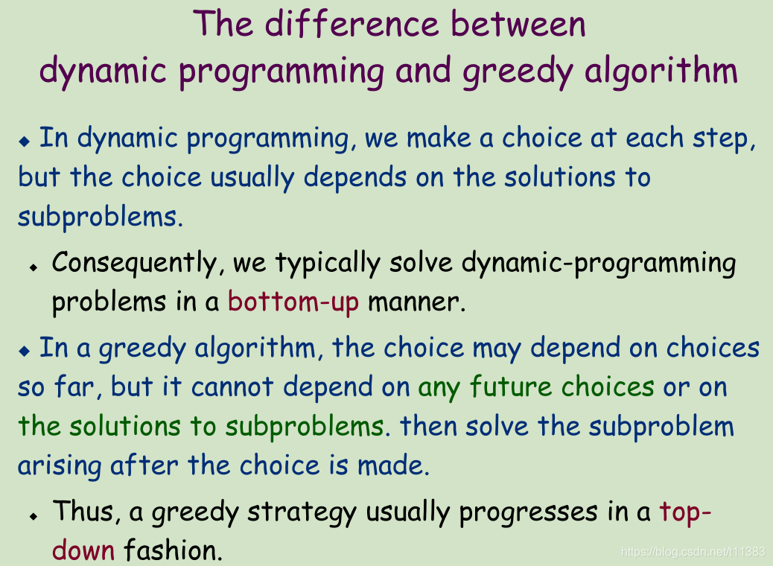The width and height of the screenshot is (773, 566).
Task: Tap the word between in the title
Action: tap(518, 24)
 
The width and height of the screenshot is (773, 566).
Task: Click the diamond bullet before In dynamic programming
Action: tap(24, 141)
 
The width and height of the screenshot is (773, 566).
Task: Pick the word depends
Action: tap(355, 177)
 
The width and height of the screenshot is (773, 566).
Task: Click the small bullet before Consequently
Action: tap(34, 267)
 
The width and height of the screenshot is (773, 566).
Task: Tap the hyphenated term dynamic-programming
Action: tap(599, 264)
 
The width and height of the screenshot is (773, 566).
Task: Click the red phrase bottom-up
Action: tap(293, 302)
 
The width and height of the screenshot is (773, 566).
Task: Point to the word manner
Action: tap(417, 302)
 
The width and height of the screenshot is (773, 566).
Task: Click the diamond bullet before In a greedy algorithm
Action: tap(24, 351)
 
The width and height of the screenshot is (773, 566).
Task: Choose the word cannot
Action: tap(232, 387)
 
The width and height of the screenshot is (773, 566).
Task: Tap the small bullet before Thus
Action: tap(34, 516)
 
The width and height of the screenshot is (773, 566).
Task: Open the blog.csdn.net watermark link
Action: tap(693, 552)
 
